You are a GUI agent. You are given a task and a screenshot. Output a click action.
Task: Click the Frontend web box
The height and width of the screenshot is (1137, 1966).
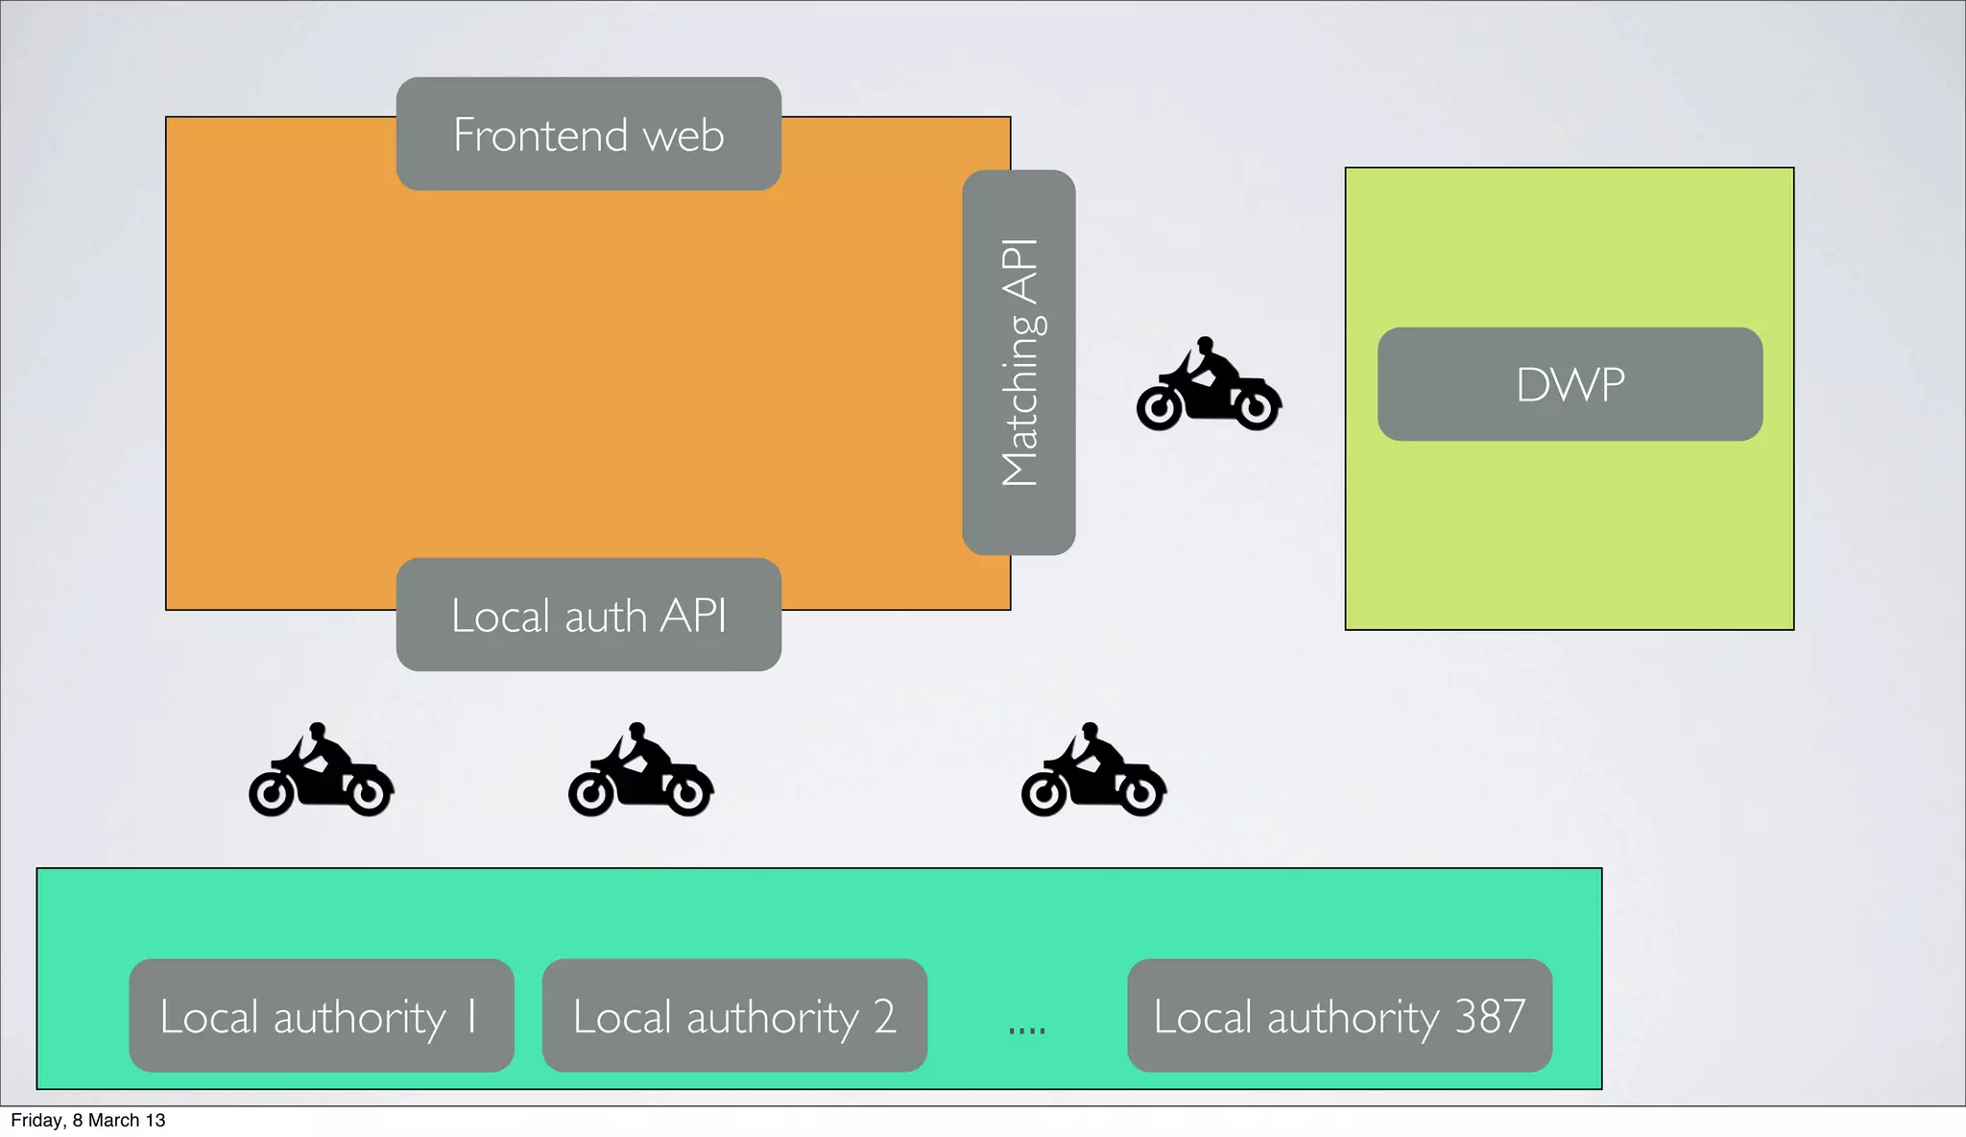pos(588,134)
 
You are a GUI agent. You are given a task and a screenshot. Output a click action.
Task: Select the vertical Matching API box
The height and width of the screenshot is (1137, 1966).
pos(1019,362)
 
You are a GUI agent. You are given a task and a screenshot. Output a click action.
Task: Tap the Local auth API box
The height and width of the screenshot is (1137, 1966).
pos(588,615)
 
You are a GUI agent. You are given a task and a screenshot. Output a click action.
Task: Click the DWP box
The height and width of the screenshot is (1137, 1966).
pos(1570,384)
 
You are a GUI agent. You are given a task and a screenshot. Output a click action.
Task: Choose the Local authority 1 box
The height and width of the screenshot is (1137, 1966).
pos(322,1015)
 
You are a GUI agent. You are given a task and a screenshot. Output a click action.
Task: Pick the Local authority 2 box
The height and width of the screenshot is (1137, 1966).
pos(734,1015)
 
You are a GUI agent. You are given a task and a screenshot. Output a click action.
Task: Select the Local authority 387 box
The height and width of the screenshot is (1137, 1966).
pos(1339,1015)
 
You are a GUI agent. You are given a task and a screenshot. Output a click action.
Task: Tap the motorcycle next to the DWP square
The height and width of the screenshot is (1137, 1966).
pos(1209,386)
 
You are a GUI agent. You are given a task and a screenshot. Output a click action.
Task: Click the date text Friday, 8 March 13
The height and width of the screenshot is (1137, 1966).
pos(87,1121)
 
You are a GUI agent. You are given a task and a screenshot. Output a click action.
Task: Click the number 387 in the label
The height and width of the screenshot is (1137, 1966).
pos(1490,1016)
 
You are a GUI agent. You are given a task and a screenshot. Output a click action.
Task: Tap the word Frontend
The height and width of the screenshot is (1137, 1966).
pos(541,134)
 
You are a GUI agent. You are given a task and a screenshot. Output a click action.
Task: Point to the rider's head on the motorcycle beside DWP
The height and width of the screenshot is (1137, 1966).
pos(1205,345)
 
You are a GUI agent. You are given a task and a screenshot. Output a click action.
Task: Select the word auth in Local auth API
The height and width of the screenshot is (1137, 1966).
pos(605,617)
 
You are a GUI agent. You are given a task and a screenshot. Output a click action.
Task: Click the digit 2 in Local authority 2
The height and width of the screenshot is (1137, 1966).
pos(884,1016)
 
